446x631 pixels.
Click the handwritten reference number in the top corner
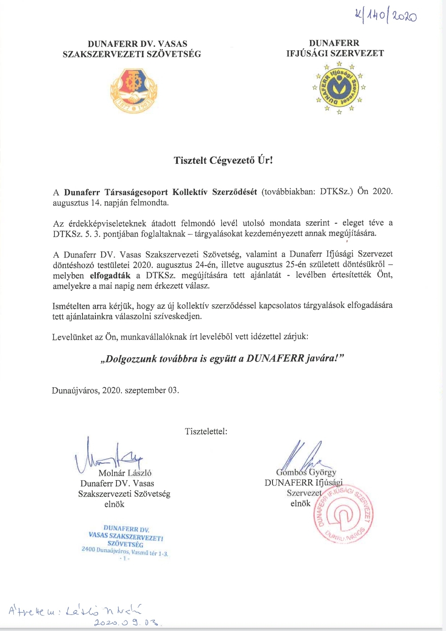coord(385,17)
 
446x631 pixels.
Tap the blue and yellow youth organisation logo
coord(339,87)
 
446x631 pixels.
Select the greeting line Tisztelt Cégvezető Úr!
coord(223,160)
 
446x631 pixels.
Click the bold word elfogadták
coord(110,275)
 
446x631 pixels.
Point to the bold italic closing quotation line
coord(223,358)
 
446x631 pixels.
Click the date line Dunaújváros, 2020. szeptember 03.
coord(116,390)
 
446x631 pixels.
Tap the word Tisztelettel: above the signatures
coord(206,432)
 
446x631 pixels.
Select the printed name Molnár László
coord(125,473)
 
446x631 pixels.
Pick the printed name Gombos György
coord(306,472)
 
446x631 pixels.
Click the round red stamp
coord(343,513)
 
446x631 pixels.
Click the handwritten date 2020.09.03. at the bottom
coord(128,622)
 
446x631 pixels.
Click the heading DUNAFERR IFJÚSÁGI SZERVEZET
coord(335,48)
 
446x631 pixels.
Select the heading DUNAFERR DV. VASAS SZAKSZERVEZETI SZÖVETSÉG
coord(132,49)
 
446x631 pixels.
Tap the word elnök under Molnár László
coord(114,504)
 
